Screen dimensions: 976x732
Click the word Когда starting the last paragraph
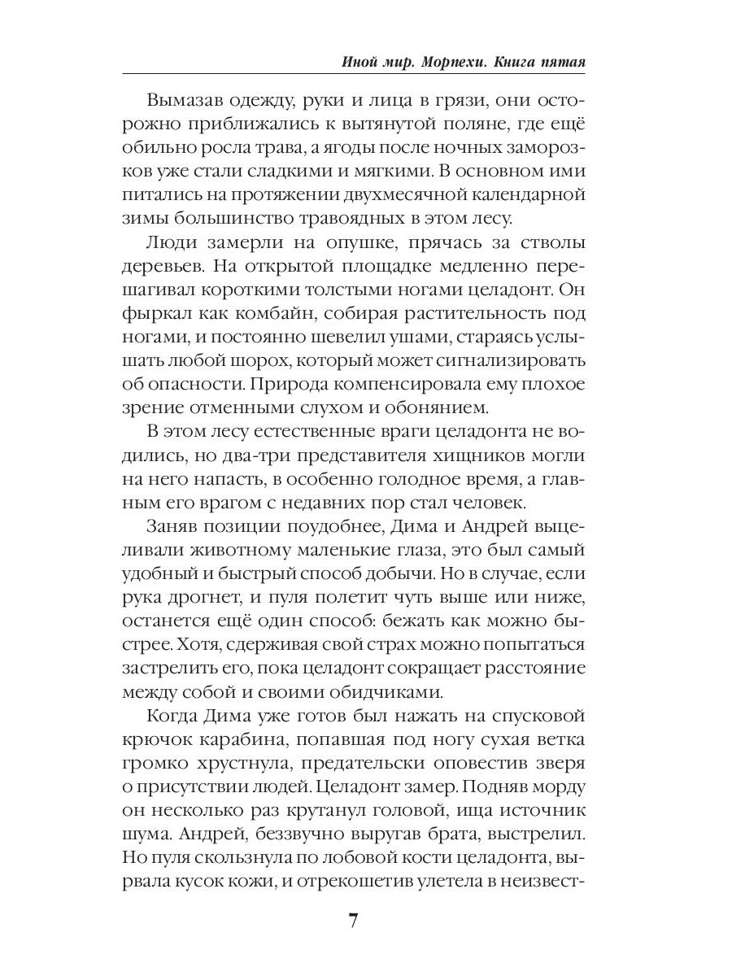pyautogui.click(x=176, y=716)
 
